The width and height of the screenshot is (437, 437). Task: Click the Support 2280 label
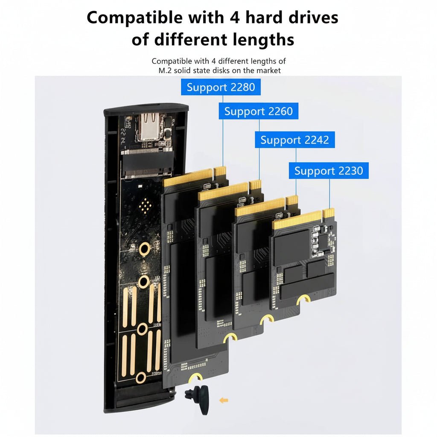pyautogui.click(x=221, y=87)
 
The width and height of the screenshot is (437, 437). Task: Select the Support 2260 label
pyautogui.click(x=258, y=111)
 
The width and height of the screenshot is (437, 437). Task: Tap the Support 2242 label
pyautogui.click(x=295, y=140)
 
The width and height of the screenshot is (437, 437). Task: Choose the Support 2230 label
pyautogui.click(x=329, y=171)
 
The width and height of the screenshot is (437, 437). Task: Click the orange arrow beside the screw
pyautogui.click(x=224, y=400)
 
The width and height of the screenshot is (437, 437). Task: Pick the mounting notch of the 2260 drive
pyautogui.click(x=230, y=337)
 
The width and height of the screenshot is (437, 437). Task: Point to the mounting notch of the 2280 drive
pyautogui.click(x=195, y=377)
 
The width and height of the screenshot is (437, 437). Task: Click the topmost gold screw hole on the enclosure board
pyautogui.click(x=145, y=248)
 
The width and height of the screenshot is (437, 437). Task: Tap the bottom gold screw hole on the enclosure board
pyautogui.click(x=141, y=378)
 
